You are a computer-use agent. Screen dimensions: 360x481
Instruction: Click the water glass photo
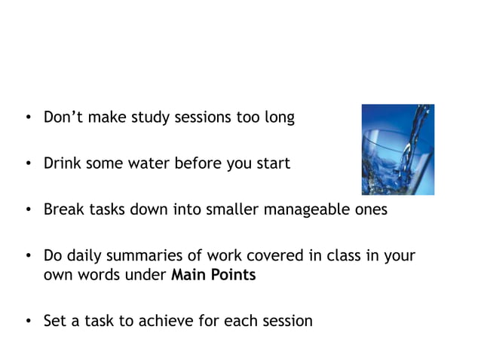pyautogui.click(x=397, y=149)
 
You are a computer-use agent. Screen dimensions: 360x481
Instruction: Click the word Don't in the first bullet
pyautogui.click(x=63, y=118)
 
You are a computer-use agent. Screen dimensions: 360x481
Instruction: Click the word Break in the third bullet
pyautogui.click(x=63, y=209)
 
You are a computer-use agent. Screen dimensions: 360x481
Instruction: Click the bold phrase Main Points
pyautogui.click(x=213, y=275)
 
